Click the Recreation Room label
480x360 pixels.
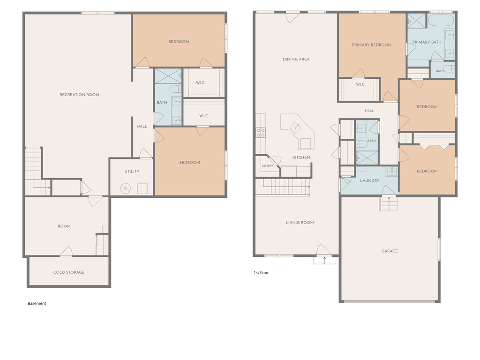pos(79,95)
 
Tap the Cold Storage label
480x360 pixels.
pos(69,272)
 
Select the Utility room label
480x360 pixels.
pos(132,172)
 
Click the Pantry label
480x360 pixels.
pos(267,166)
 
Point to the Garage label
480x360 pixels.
pos(390,251)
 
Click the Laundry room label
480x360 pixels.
pos(370,180)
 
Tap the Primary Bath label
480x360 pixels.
pos(427,42)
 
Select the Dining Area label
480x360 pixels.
pos(296,60)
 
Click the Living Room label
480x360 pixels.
pos(300,223)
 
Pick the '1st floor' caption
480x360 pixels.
pos(261,273)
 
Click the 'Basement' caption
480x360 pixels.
pos(37,303)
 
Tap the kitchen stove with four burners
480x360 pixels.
pos(261,133)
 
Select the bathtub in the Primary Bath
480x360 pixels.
pos(441,20)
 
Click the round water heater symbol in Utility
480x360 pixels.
pos(126,188)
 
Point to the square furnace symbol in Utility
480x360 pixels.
pos(142,188)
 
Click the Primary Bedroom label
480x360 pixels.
pos(372,45)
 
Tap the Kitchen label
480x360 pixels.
pos(301,157)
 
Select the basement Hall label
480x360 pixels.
pos(142,126)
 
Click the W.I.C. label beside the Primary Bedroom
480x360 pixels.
pos(360,84)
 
